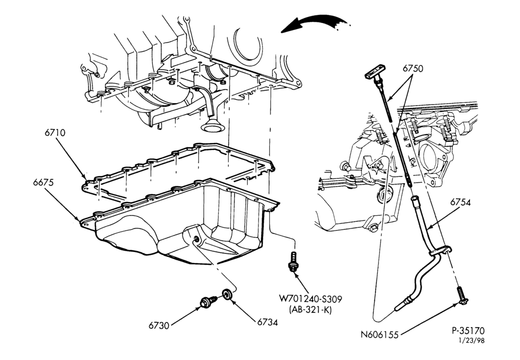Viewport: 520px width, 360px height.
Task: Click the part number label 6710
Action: (55, 133)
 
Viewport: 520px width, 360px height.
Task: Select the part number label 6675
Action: (43, 183)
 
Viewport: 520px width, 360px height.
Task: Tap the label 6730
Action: (159, 326)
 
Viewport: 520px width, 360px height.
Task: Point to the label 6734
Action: (267, 322)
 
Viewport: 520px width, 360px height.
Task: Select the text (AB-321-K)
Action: (310, 310)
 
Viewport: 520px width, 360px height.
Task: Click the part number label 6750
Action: (413, 68)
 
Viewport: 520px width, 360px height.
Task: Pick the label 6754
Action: (460, 202)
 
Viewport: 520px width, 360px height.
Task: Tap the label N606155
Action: (380, 335)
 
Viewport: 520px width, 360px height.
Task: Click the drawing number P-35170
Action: (468, 331)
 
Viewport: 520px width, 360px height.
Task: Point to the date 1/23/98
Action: (471, 340)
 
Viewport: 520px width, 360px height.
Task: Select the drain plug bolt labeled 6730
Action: (209, 301)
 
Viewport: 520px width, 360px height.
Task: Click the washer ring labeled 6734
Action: (227, 294)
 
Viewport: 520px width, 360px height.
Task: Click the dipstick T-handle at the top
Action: (374, 73)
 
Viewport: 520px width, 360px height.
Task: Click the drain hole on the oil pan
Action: (196, 239)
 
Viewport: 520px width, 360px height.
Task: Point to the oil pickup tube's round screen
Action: (211, 126)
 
